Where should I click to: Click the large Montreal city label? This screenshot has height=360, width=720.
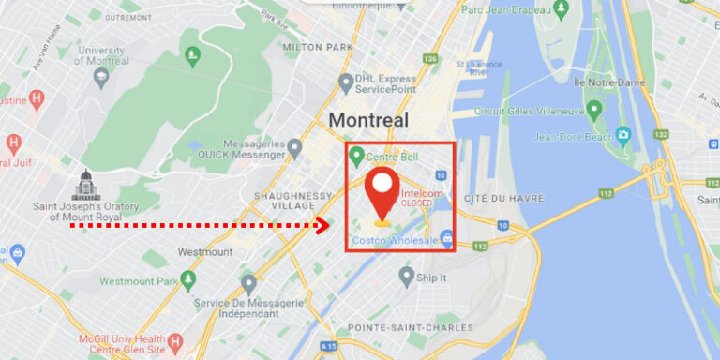tap(368, 120)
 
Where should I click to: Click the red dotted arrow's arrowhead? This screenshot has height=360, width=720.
tap(324, 225)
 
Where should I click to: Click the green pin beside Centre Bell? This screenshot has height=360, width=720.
tap(356, 156)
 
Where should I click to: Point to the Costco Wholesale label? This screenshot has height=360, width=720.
tap(395, 241)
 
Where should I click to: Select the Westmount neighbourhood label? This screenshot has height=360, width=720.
tap(204, 252)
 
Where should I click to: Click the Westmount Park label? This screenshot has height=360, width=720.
tap(139, 281)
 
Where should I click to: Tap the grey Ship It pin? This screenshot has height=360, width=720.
tap(406, 276)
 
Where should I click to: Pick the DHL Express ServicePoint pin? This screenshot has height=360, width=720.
tap(346, 82)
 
